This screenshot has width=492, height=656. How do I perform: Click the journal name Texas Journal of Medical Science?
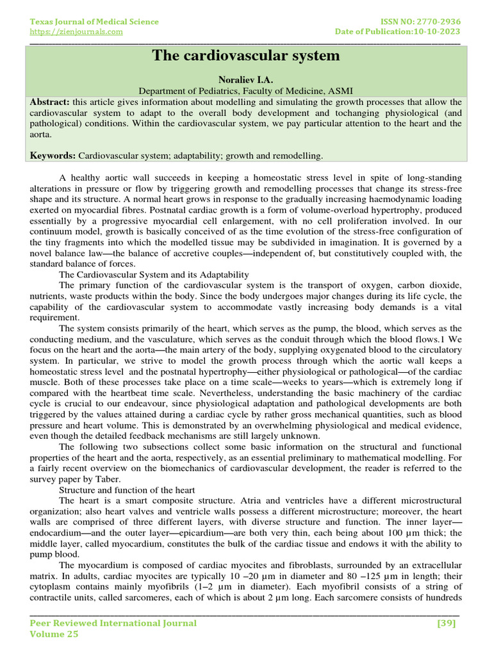point(95,22)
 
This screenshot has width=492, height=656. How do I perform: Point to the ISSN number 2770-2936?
point(436,22)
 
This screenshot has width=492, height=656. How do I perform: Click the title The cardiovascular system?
point(245,56)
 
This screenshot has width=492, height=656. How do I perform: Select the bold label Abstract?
point(51,102)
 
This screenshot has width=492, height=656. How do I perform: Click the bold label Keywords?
point(54,156)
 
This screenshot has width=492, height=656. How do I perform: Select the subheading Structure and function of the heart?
point(127,490)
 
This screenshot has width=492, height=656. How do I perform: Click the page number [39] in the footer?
point(446,623)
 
